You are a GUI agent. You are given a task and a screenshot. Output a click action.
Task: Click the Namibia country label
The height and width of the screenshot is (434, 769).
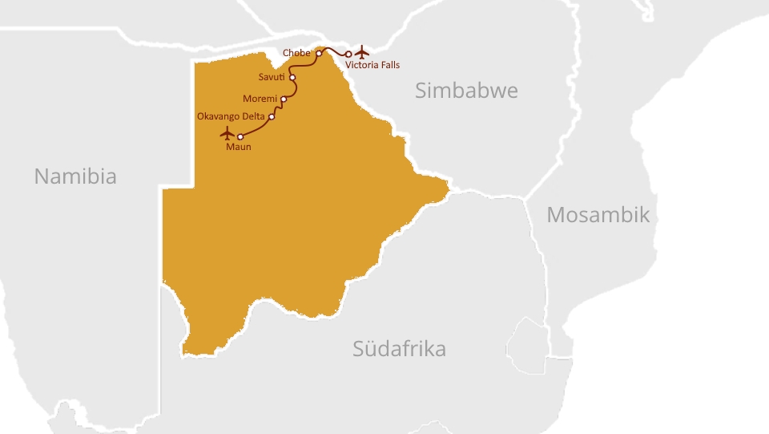(75, 176)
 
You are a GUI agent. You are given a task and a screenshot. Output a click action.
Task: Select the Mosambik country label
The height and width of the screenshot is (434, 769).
(598, 215)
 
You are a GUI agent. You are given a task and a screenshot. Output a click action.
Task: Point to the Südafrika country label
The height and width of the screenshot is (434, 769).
(399, 349)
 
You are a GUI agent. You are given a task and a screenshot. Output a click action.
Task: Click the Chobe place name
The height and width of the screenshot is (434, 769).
(296, 53)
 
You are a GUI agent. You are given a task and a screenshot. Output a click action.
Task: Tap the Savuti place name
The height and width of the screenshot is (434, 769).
(272, 77)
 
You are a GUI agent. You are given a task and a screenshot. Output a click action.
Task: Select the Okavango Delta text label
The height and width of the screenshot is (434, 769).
(231, 116)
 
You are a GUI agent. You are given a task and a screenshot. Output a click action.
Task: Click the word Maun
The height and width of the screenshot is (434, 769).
(238, 147)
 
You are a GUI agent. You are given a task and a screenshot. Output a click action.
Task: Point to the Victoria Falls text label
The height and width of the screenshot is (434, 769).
(372, 65)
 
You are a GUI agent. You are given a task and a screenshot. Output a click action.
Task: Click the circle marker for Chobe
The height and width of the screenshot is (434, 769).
(319, 54)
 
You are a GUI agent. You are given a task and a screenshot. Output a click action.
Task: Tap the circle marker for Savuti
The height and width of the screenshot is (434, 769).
(292, 78)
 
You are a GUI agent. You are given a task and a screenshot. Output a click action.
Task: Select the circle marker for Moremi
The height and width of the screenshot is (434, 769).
(284, 99)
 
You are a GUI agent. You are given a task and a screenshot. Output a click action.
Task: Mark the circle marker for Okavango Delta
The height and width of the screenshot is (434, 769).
(272, 117)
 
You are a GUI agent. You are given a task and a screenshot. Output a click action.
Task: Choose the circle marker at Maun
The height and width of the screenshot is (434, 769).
(240, 137)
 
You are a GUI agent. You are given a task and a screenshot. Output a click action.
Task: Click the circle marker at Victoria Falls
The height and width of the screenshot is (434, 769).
(348, 55)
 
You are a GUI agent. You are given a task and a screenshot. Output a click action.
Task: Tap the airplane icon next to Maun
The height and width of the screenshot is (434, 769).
(227, 132)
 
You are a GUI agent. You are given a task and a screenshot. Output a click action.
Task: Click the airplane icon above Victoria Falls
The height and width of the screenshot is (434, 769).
(362, 52)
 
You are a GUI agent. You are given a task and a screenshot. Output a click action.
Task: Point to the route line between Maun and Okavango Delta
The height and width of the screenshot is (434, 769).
(258, 128)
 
